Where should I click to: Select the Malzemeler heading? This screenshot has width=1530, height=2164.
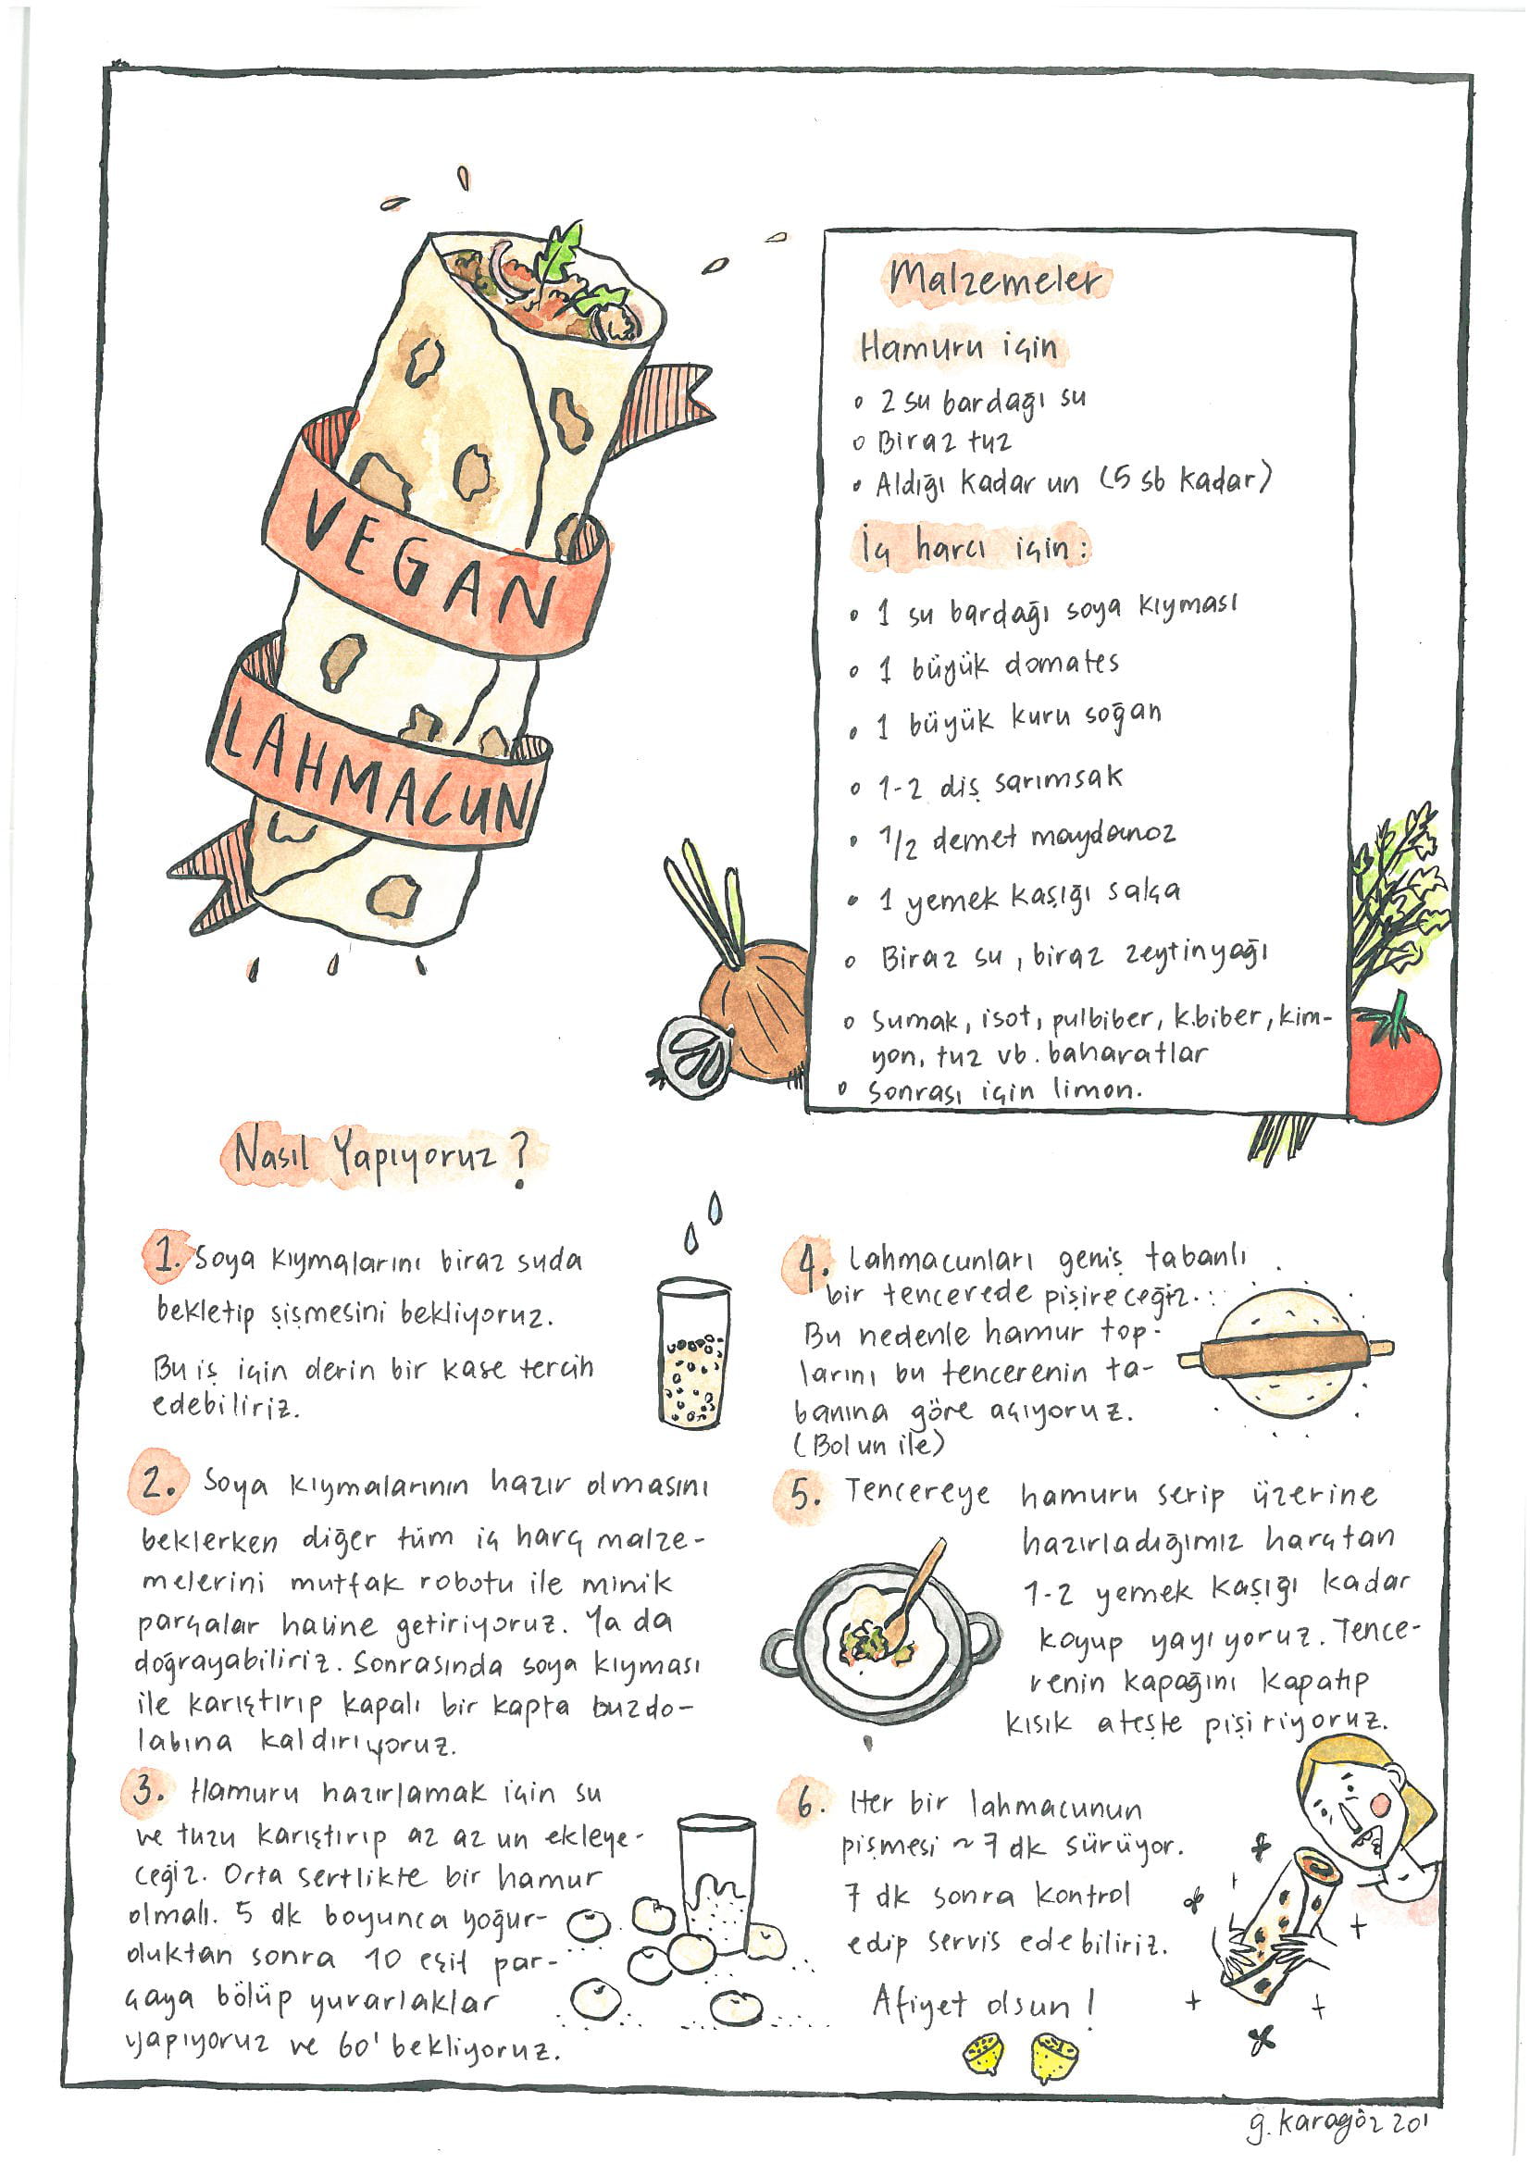(995, 279)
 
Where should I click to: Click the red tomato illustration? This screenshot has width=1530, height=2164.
(1393, 1063)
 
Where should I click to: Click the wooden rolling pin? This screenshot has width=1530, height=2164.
(1286, 1356)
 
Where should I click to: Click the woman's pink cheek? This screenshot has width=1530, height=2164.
(1379, 1802)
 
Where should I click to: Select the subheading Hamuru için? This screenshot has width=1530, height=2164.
(958, 348)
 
